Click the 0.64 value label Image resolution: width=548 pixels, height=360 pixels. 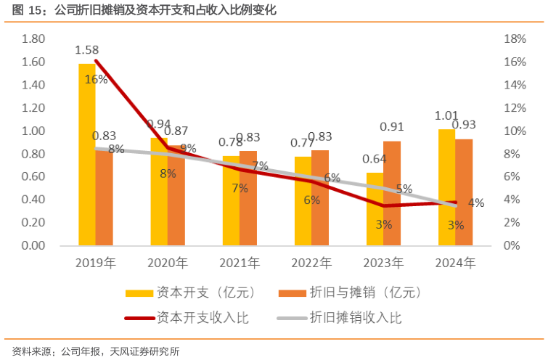pos(375,160)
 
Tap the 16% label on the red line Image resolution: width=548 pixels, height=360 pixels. pos(96,79)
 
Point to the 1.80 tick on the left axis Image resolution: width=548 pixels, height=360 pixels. pos(33,38)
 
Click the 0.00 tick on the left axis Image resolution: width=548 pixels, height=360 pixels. pos(33,245)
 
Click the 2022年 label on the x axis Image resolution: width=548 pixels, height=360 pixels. pos(311,262)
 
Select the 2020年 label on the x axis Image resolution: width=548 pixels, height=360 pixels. pos(168,262)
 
